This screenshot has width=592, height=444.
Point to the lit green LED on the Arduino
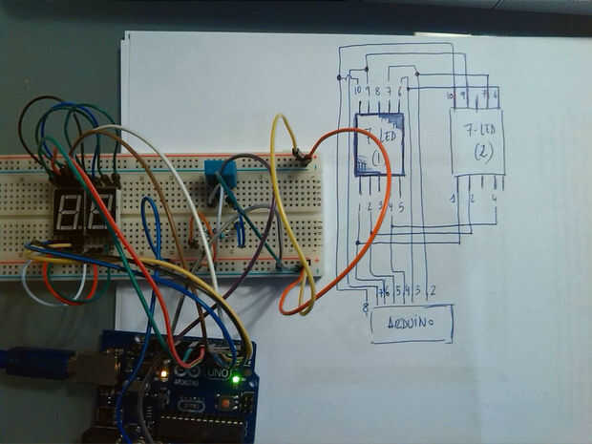[x=235, y=380]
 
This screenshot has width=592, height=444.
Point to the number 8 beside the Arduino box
[x=366, y=307]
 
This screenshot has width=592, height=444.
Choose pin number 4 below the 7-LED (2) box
[x=494, y=199]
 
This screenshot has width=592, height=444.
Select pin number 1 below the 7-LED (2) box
[x=453, y=199]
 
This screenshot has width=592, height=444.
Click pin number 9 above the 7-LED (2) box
[x=463, y=95]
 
